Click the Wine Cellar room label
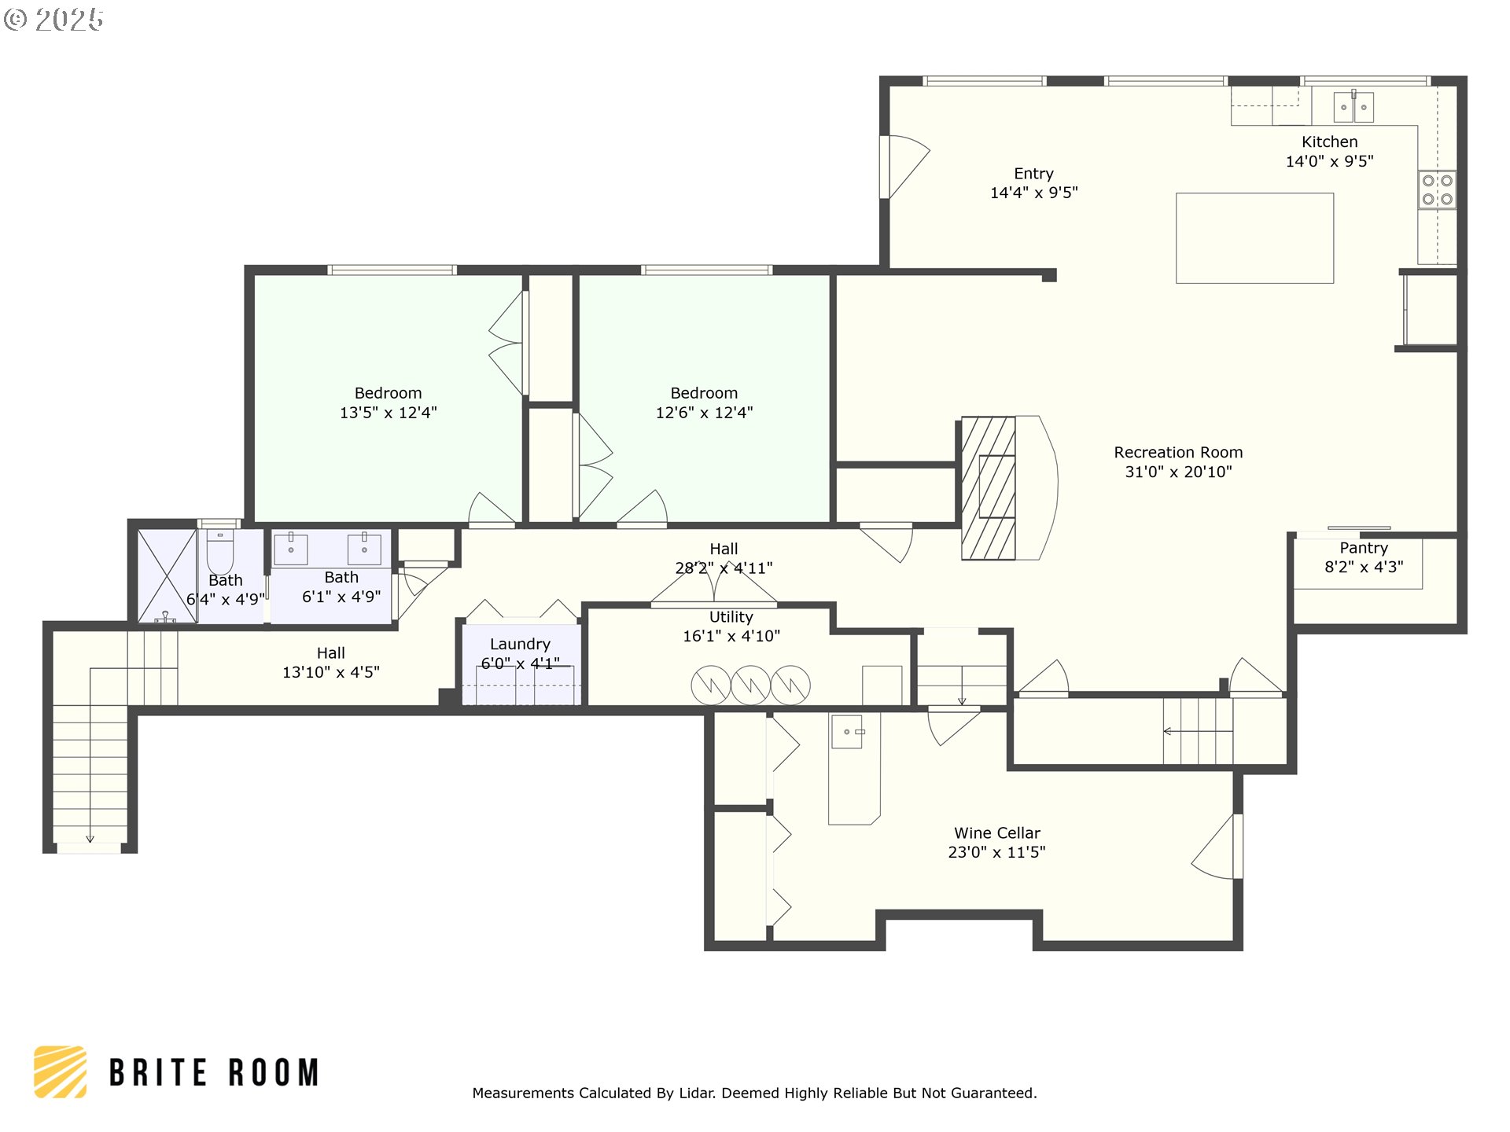click(x=996, y=833)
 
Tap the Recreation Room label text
click(x=1178, y=453)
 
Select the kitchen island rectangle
click(x=1254, y=238)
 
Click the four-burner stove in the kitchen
click(x=1437, y=189)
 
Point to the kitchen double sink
click(x=1353, y=106)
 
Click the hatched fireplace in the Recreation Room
click(x=989, y=488)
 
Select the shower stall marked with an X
click(x=168, y=576)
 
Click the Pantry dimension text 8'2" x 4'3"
click(x=1364, y=567)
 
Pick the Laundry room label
click(x=520, y=644)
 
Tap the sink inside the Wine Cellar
click(x=847, y=732)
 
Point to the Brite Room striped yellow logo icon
click(x=61, y=1071)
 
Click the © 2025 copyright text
click(x=53, y=20)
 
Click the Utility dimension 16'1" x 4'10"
click(x=731, y=636)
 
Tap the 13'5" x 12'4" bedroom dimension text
click(x=389, y=413)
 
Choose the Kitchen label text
click(x=1329, y=142)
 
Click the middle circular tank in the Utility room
click(x=750, y=685)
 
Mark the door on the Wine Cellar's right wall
click(x=1217, y=847)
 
